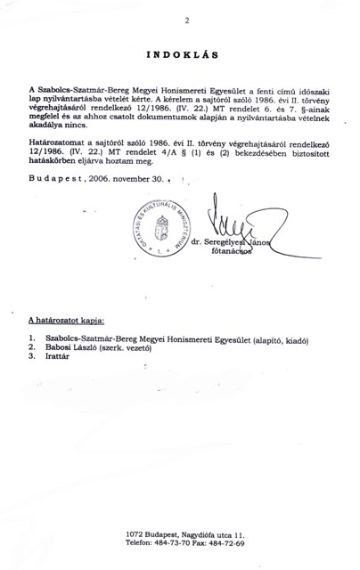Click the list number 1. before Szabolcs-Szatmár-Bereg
click(32, 338)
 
